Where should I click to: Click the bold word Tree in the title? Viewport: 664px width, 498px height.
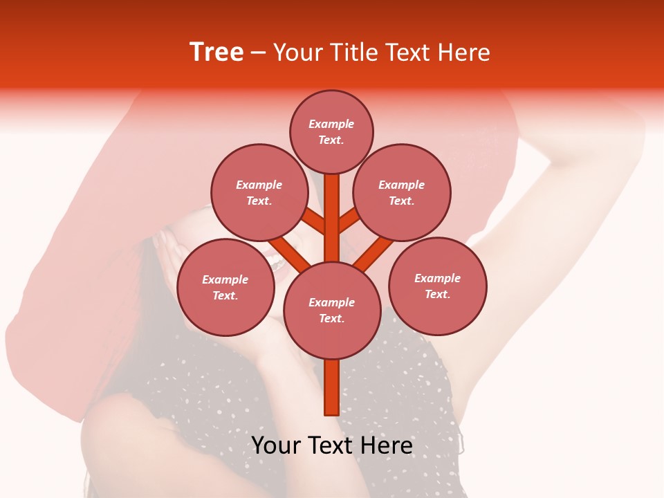click(x=216, y=53)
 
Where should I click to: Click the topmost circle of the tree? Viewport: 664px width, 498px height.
click(x=331, y=131)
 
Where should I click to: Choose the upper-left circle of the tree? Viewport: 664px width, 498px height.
click(x=259, y=192)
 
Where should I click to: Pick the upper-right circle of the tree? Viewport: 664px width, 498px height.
click(x=402, y=192)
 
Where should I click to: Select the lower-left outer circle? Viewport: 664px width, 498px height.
click(x=225, y=287)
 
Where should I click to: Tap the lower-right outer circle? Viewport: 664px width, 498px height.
click(x=438, y=286)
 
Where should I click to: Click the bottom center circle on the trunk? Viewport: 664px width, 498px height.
click(x=332, y=310)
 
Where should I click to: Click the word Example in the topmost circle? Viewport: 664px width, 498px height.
click(x=331, y=124)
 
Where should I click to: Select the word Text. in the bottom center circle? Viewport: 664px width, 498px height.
click(x=331, y=319)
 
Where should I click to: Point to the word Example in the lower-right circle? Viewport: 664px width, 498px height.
click(x=437, y=278)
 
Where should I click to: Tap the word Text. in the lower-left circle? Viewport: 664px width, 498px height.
click(x=225, y=296)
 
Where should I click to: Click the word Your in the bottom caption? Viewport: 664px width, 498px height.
click(x=275, y=445)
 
